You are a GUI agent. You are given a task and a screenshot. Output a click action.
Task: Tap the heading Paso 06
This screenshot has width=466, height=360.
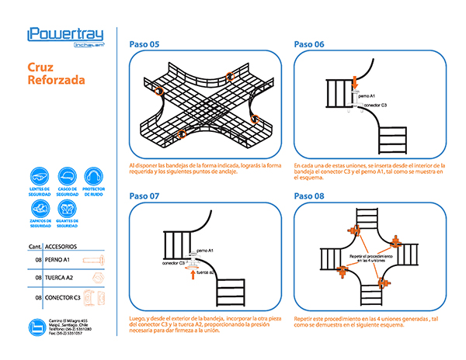coord(309,44)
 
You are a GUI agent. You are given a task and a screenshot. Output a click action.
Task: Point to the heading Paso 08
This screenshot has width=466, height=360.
coord(309,196)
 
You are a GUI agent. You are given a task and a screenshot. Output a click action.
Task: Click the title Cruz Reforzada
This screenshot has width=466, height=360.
coord(47,73)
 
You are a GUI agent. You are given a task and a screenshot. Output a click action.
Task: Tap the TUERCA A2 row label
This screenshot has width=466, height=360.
coord(60,277)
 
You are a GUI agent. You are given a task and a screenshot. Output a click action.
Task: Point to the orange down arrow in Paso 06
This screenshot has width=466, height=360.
coord(354,81)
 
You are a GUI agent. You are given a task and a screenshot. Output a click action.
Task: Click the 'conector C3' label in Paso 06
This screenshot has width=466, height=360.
coord(373,104)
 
